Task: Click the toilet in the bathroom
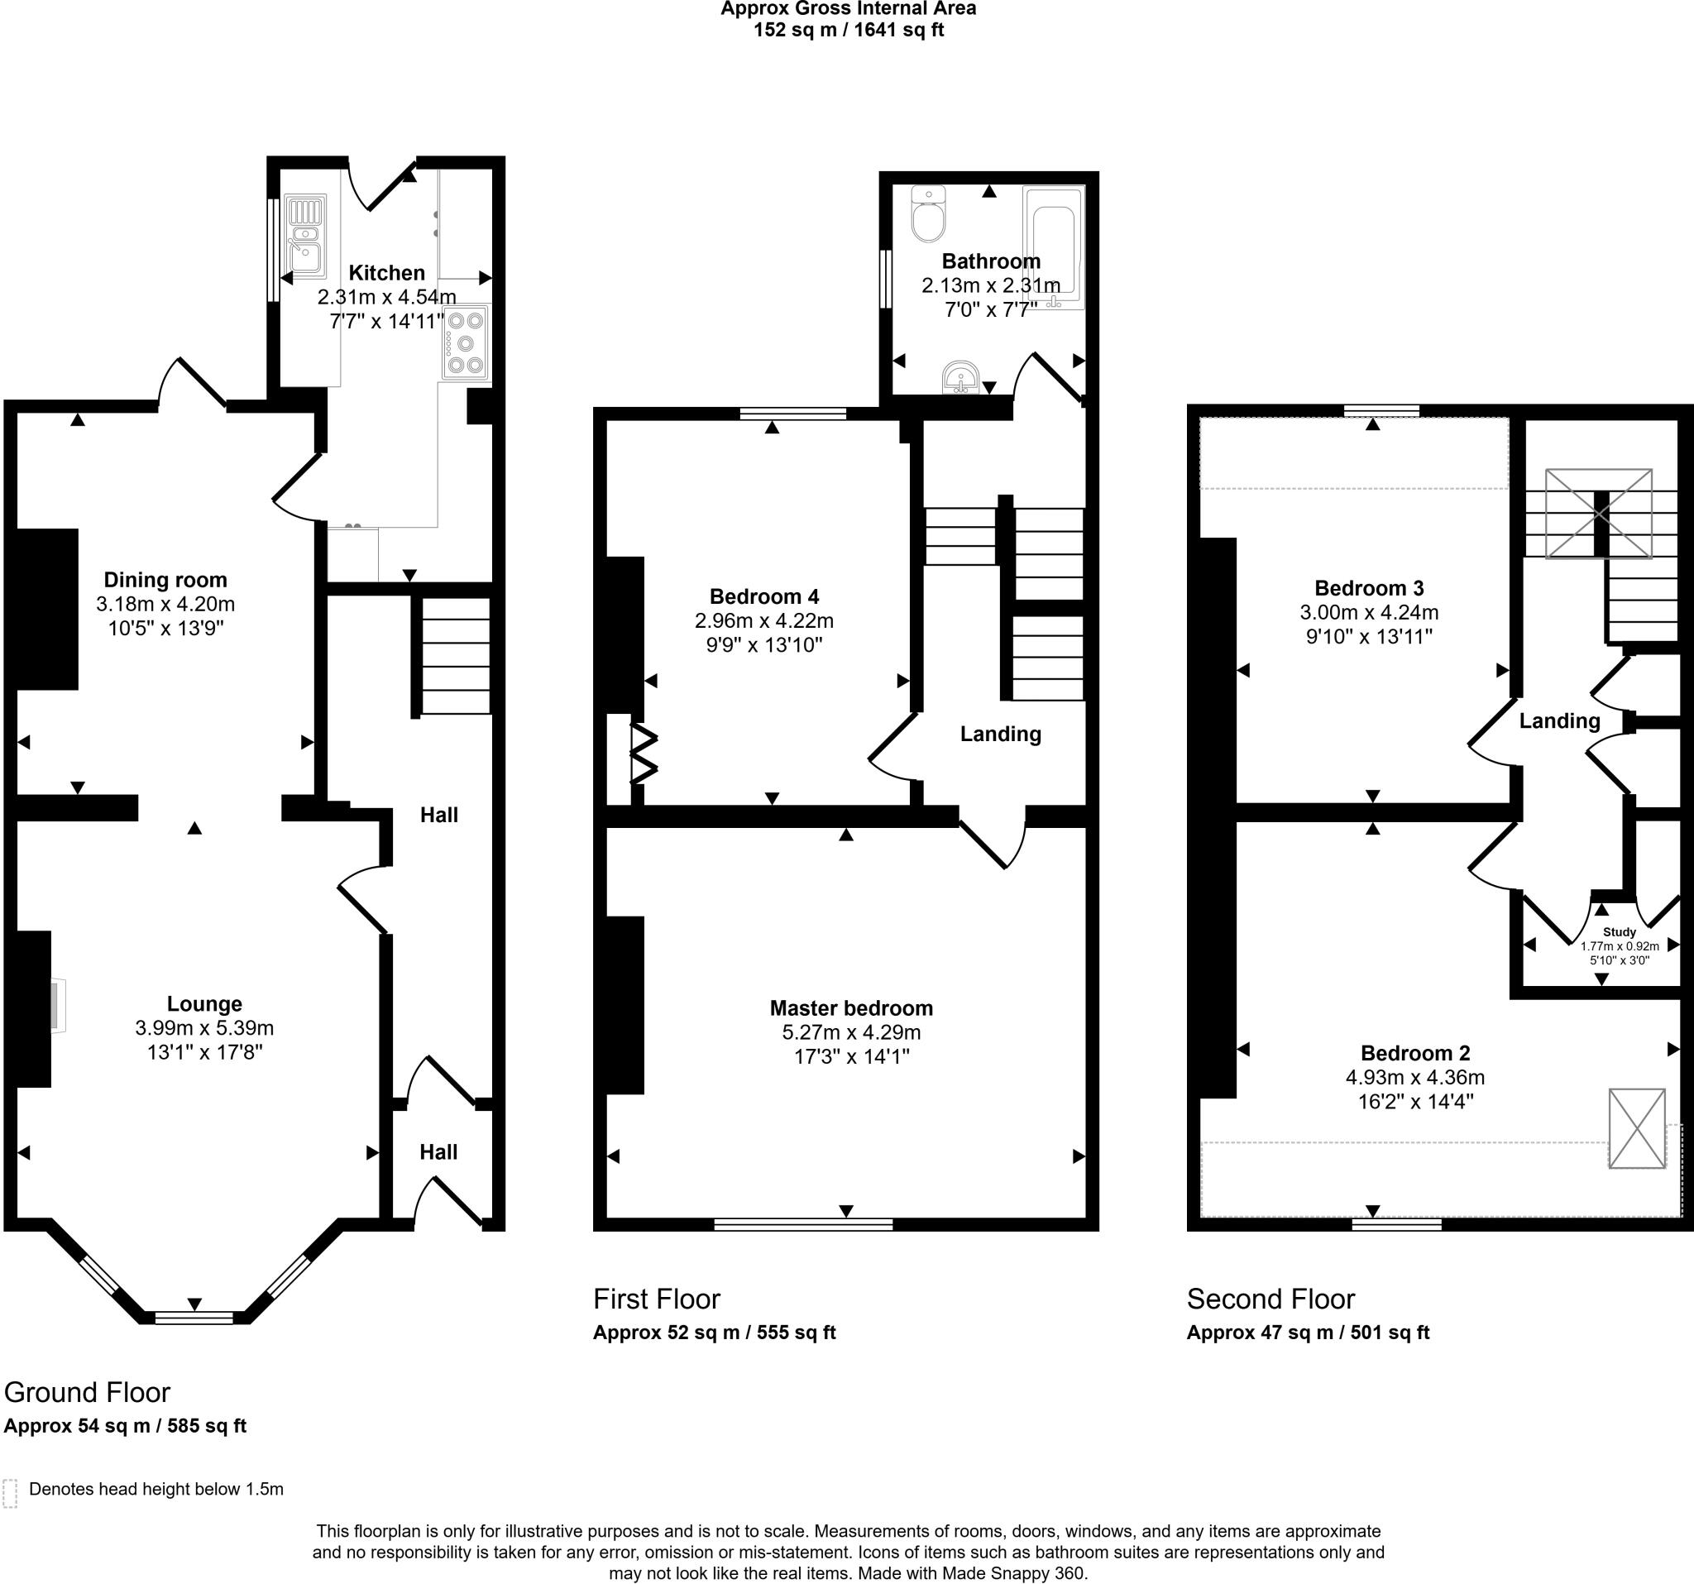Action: (928, 215)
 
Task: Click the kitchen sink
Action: (305, 237)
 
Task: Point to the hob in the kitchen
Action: (465, 342)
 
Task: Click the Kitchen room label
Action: (386, 273)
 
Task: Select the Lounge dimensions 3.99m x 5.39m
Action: (204, 1028)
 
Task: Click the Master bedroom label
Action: (851, 1008)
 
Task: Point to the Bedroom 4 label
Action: (764, 596)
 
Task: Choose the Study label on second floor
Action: (1619, 932)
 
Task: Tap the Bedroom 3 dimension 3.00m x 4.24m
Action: (1368, 612)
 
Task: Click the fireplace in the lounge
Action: (57, 1007)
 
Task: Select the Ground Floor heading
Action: (87, 1392)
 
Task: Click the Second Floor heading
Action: (1270, 1299)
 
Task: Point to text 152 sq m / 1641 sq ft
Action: (848, 31)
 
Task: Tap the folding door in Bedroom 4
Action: (644, 754)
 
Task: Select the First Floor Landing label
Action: (1000, 734)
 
